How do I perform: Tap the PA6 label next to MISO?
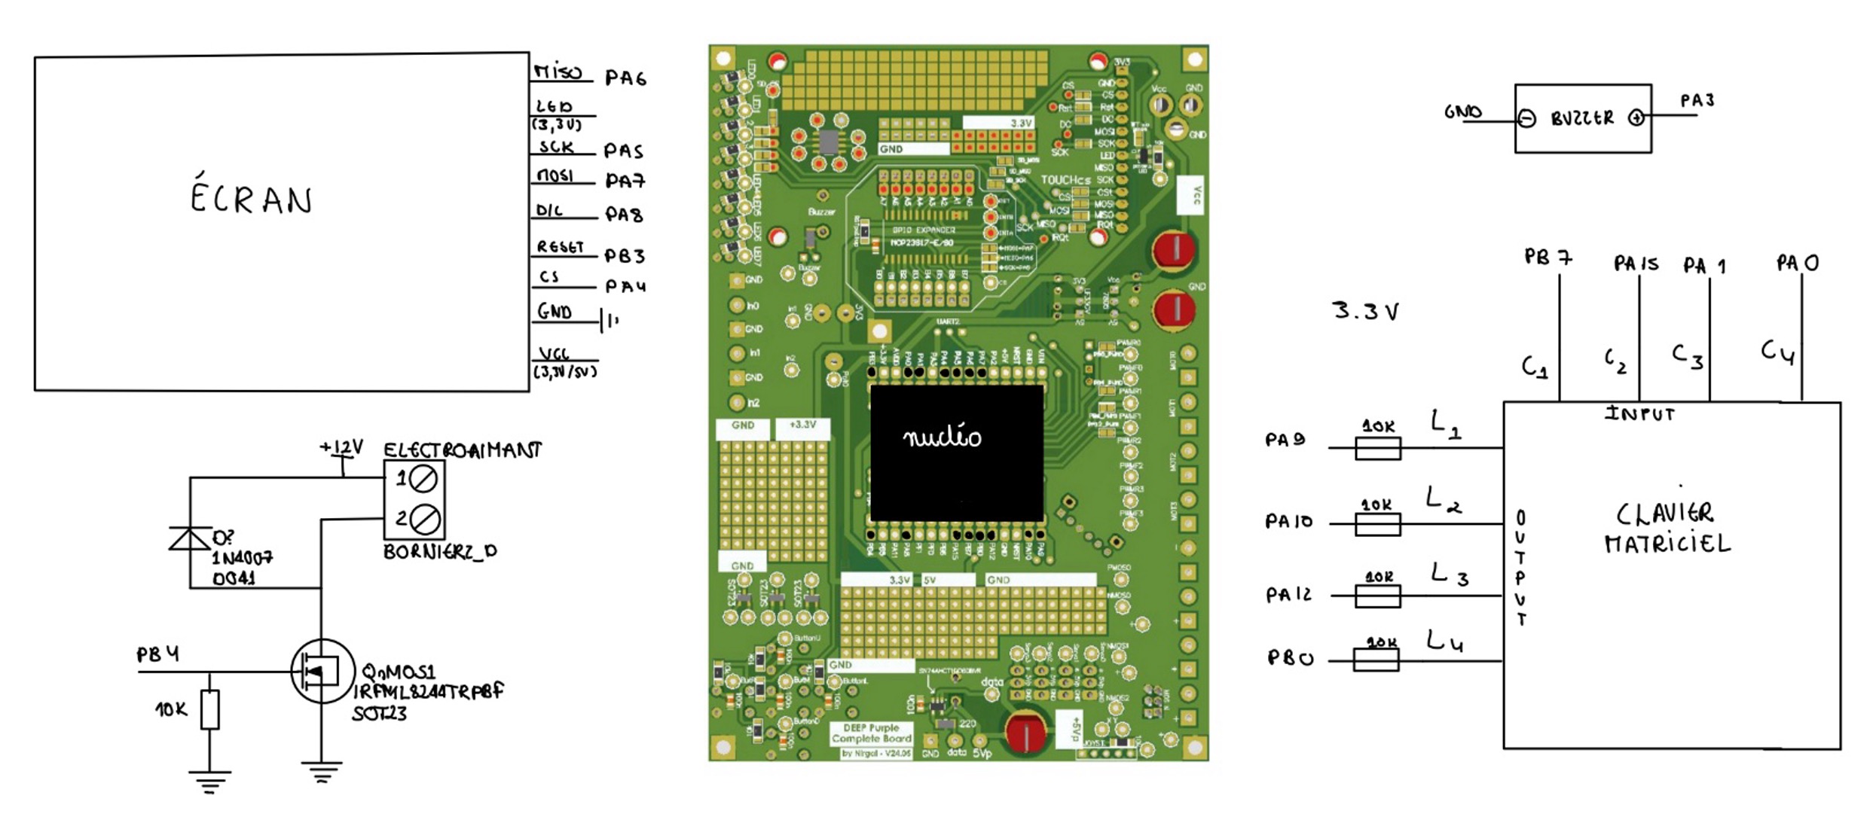click(625, 78)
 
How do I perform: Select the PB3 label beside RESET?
click(625, 256)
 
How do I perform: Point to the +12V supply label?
click(342, 448)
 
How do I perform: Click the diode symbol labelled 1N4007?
click(189, 539)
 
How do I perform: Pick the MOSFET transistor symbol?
click(322, 671)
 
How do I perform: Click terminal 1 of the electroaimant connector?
click(422, 478)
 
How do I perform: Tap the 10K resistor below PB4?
click(210, 709)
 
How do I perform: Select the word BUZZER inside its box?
click(1581, 118)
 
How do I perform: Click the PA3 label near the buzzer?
click(1697, 101)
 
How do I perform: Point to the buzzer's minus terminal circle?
click(1526, 119)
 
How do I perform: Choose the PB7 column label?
click(1548, 258)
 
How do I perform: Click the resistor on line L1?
click(1378, 449)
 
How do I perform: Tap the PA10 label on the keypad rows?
click(1288, 521)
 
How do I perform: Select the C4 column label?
click(1777, 352)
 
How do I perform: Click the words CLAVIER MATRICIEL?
click(1667, 528)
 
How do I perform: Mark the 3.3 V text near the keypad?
click(1366, 311)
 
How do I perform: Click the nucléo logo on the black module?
click(942, 437)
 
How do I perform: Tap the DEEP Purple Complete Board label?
click(871, 733)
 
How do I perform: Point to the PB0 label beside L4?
click(1291, 659)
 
